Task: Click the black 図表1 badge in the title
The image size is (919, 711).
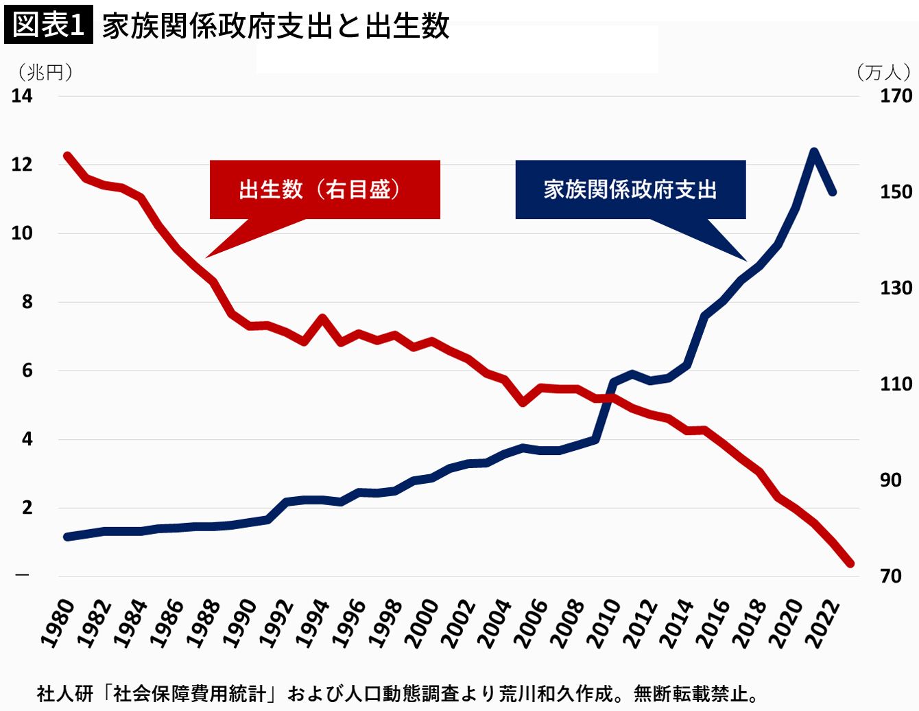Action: pyautogui.click(x=48, y=25)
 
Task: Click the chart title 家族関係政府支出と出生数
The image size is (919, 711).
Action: pyautogui.click(x=275, y=26)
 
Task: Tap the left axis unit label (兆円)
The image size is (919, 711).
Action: pyautogui.click(x=45, y=72)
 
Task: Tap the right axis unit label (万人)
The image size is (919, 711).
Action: pyautogui.click(x=884, y=72)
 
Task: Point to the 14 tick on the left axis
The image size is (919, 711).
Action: pyautogui.click(x=22, y=96)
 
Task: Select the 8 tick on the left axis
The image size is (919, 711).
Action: pyautogui.click(x=27, y=302)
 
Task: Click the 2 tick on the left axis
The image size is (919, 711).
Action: pyautogui.click(x=27, y=508)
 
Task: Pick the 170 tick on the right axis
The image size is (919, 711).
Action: pyautogui.click(x=896, y=96)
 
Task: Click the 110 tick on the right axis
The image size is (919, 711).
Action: pyautogui.click(x=896, y=384)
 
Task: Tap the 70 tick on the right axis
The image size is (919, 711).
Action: pyautogui.click(x=891, y=576)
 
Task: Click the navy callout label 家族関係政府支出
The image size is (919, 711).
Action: pyautogui.click(x=630, y=189)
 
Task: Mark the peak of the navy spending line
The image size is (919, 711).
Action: pyautogui.click(x=813, y=152)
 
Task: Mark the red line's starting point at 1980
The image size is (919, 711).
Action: pyautogui.click(x=67, y=156)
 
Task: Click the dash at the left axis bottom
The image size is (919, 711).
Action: pyautogui.click(x=23, y=574)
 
